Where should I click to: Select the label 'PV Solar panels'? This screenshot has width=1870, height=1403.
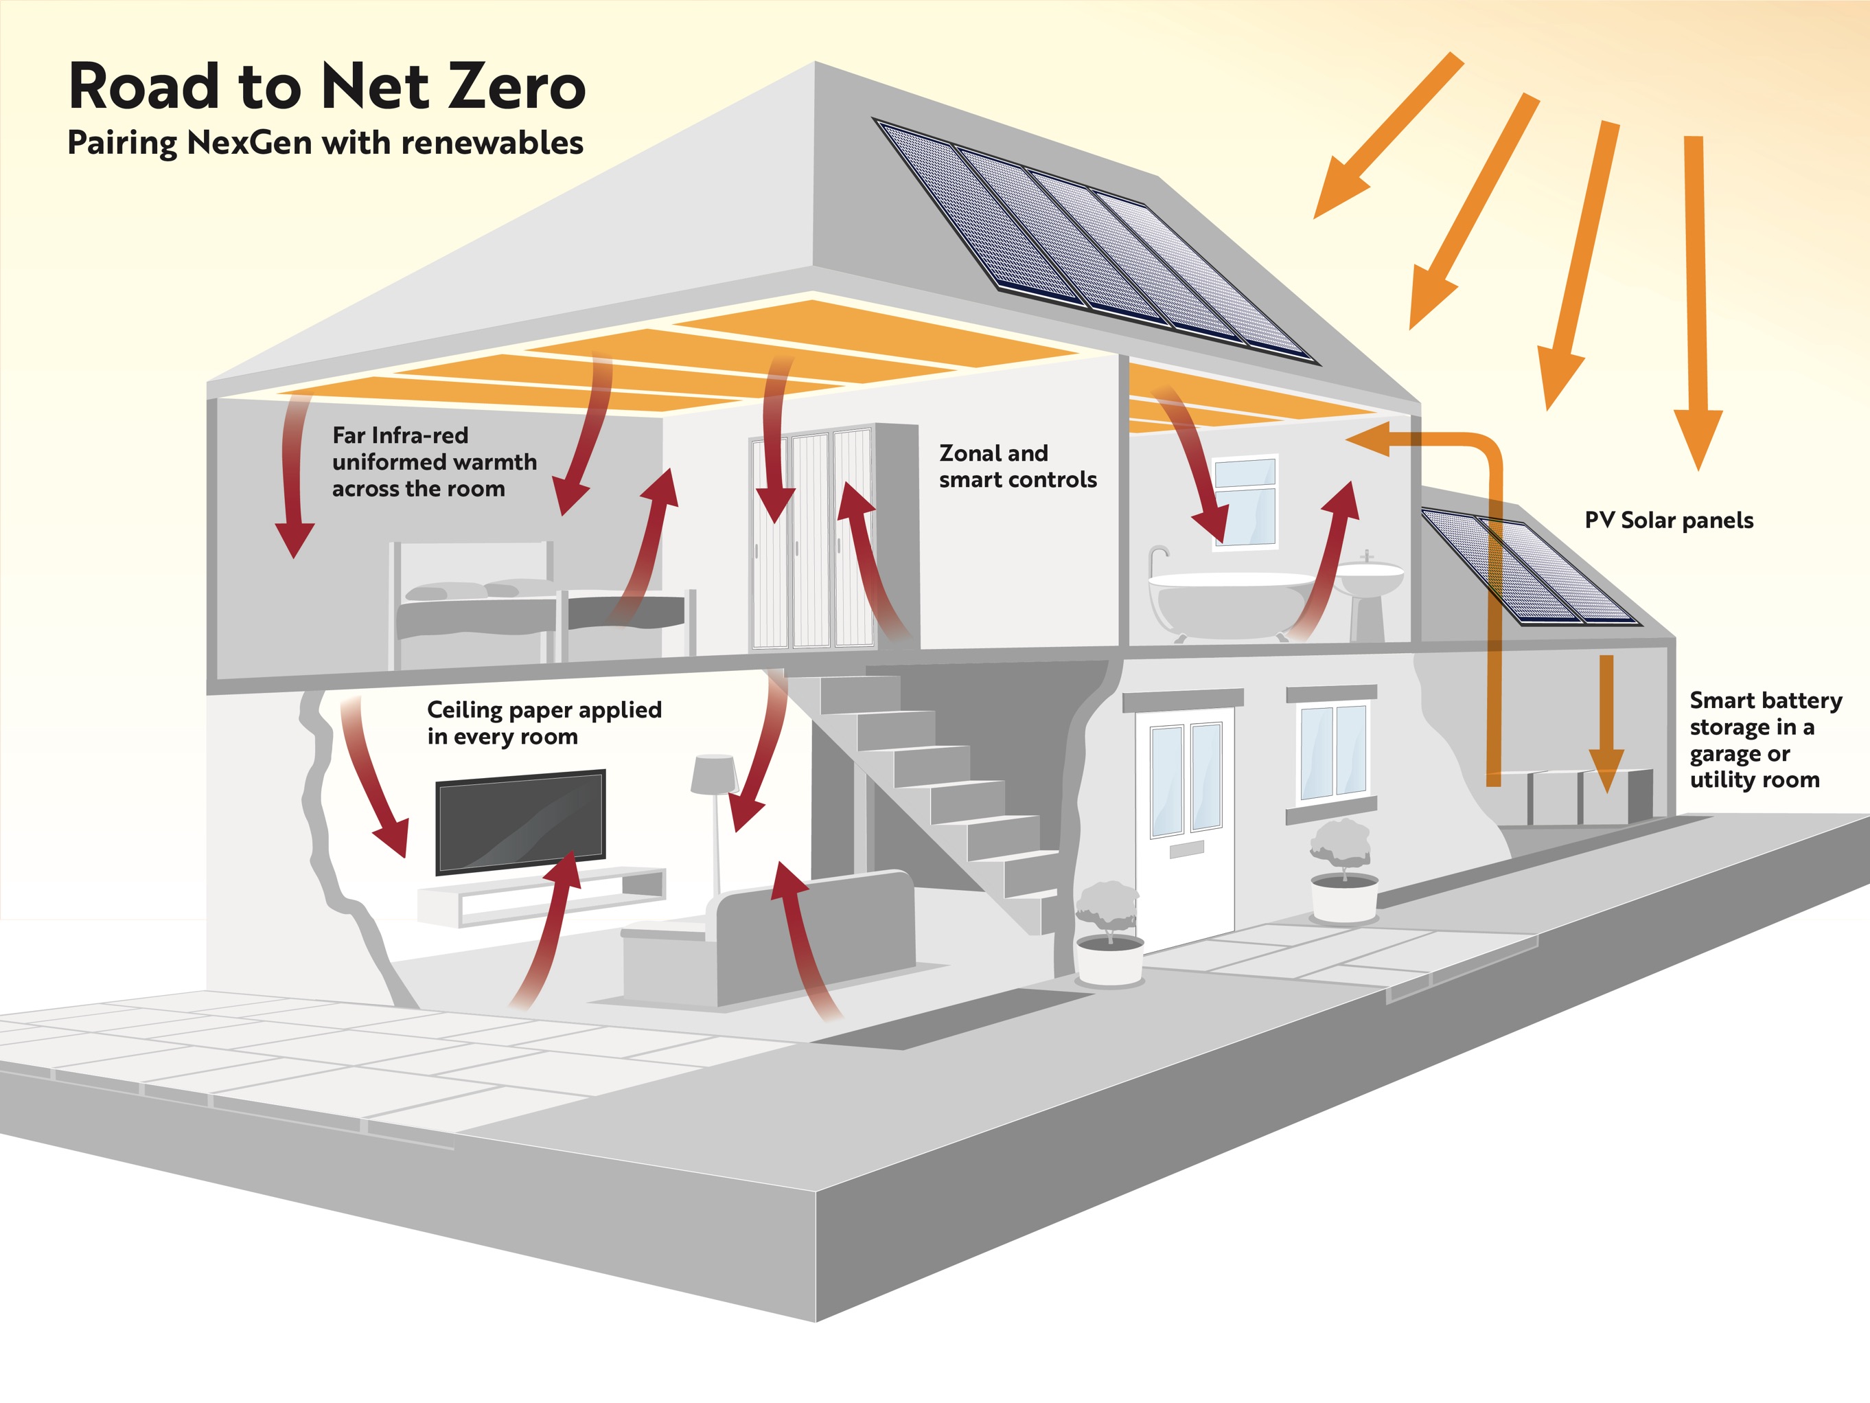pyautogui.click(x=1668, y=520)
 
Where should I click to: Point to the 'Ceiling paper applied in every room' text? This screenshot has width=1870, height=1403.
pyautogui.click(x=544, y=723)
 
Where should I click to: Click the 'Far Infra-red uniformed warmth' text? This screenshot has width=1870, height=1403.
pyautogui.click(x=434, y=461)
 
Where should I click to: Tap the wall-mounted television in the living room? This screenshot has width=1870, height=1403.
pyautogui.click(x=520, y=821)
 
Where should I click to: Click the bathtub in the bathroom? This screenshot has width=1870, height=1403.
pyautogui.click(x=1230, y=602)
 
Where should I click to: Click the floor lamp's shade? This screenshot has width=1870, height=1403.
pyautogui.click(x=713, y=773)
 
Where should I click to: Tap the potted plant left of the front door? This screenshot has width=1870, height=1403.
pyautogui.click(x=1108, y=931)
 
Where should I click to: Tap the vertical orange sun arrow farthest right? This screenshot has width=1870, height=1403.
pyautogui.click(x=1696, y=296)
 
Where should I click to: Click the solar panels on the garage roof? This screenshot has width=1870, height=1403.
pyautogui.click(x=1530, y=567)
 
